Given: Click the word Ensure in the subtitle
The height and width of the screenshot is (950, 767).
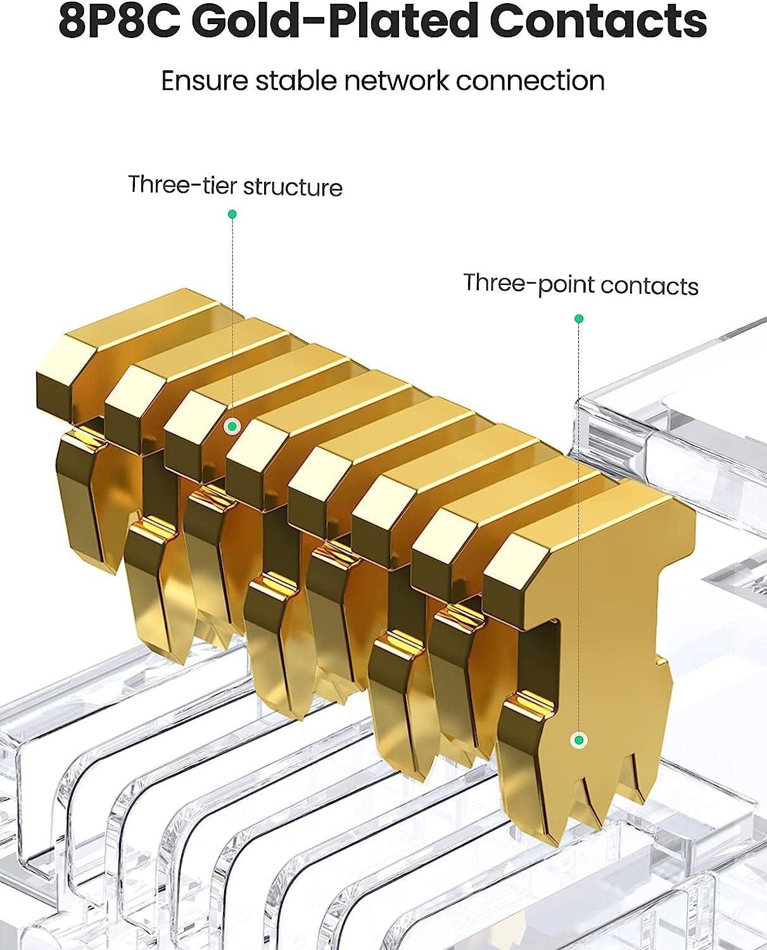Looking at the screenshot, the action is coord(204,81).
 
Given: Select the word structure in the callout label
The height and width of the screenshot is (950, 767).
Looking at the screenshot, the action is coord(293,187).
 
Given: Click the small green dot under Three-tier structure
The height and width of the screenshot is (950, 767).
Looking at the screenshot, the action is coord(232,215).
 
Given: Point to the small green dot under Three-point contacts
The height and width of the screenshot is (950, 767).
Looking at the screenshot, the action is coord(578,319).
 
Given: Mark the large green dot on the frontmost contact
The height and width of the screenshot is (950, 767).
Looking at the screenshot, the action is coord(578,740).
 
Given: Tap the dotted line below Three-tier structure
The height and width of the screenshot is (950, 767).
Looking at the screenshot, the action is coord(232,317).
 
